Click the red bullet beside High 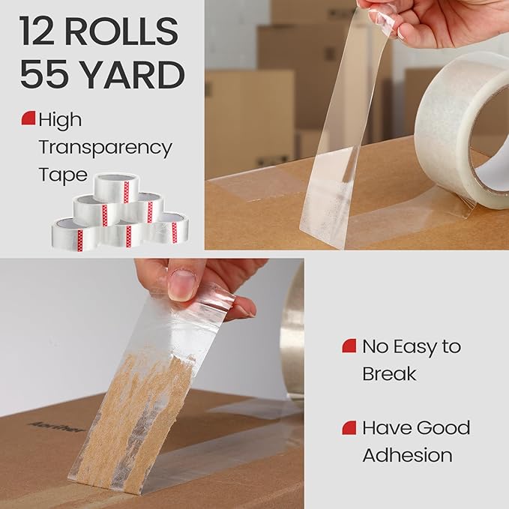(x=28, y=118)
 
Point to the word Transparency (x=105, y=147)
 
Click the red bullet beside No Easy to (x=348, y=346)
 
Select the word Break (x=389, y=373)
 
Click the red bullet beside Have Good (x=348, y=428)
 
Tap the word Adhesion (x=407, y=455)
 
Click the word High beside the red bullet (x=61, y=119)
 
